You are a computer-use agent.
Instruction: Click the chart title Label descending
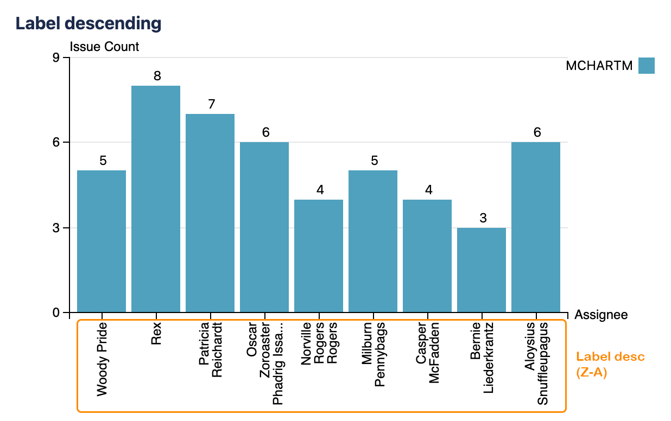(88, 23)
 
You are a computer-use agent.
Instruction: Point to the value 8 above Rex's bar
(157, 76)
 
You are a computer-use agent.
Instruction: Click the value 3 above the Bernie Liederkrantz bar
(483, 218)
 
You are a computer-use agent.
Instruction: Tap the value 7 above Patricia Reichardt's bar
(211, 104)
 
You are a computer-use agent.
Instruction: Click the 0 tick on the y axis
(56, 313)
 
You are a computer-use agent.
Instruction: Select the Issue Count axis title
(105, 47)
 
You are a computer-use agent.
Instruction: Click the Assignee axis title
(601, 315)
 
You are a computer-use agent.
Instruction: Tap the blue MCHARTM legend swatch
(647, 66)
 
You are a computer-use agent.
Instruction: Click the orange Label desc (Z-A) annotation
(610, 365)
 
